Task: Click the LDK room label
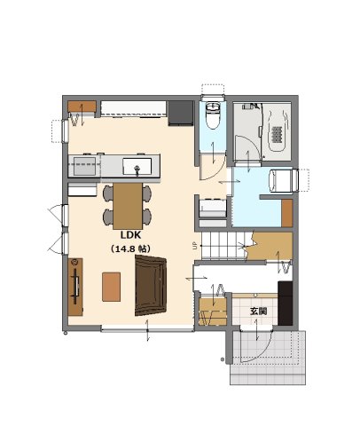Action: (x=130, y=235)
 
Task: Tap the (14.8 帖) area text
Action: (x=130, y=248)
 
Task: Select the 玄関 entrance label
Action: (x=259, y=312)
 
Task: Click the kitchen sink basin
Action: (x=137, y=166)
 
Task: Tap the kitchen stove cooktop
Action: (x=84, y=166)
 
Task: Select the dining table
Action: (x=128, y=206)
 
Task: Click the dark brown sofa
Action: (x=151, y=285)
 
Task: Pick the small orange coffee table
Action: (x=111, y=287)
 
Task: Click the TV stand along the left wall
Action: (x=75, y=287)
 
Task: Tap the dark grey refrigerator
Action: (x=180, y=114)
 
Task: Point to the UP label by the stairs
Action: (x=195, y=246)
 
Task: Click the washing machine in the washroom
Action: (x=281, y=180)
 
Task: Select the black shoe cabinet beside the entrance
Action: (x=285, y=304)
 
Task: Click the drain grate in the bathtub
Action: (x=277, y=134)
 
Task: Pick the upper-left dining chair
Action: (x=108, y=193)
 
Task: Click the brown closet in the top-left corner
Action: (x=82, y=106)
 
